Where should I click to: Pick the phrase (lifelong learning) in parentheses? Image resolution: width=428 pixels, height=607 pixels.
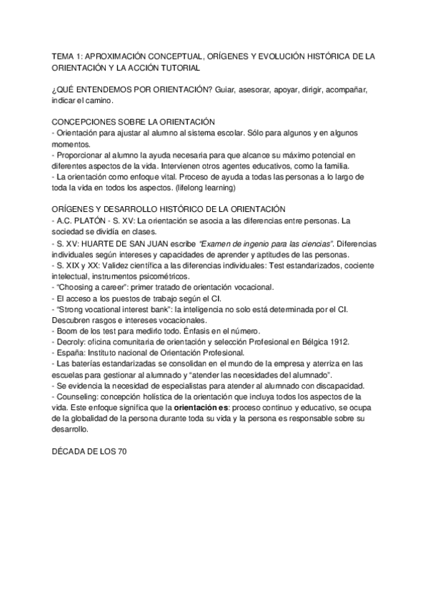[209, 188]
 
